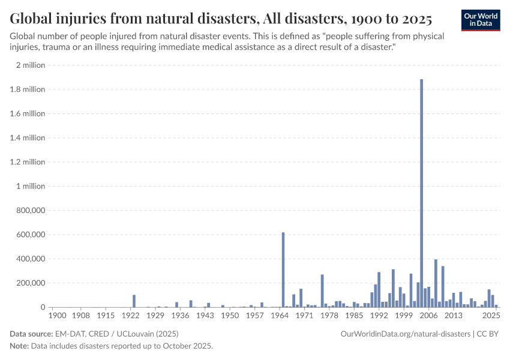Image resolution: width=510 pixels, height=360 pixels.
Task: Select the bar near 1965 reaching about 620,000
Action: tap(283, 270)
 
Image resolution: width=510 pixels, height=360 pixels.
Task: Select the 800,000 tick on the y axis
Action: tap(30, 211)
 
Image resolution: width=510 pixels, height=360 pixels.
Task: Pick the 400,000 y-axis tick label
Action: tap(30, 259)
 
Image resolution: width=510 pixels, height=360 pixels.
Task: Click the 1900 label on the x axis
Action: tap(57, 315)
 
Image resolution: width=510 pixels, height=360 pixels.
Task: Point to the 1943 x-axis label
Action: tap(205, 315)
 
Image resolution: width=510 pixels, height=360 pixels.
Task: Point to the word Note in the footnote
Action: tap(19, 346)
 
